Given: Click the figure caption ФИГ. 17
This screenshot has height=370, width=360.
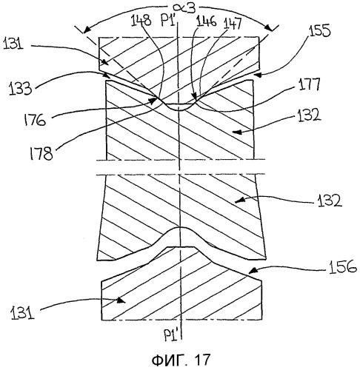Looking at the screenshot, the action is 181,360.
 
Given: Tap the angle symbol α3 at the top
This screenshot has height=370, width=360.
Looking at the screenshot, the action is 184,8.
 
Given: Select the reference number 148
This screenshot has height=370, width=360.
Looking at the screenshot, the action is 141,20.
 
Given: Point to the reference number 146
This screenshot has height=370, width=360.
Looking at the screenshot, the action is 207,21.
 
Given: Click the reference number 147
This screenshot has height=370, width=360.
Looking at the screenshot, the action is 233,24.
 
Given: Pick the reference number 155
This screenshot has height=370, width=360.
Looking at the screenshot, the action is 319,31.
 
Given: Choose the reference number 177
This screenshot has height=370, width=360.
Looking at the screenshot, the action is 310,84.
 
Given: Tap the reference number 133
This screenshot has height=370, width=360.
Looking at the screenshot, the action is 21,88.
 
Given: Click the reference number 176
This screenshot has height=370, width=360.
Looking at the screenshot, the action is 35,120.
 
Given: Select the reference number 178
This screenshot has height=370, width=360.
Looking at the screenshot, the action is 41,153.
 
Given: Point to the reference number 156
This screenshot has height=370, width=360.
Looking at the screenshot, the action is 343,266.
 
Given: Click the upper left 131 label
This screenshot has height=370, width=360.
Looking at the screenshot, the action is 13,44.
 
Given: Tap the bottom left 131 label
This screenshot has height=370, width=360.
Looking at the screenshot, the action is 22,314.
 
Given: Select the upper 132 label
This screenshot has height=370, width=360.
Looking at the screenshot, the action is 310,115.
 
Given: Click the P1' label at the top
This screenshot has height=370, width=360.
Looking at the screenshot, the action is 169,20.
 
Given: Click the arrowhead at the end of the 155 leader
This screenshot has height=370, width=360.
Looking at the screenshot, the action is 257,75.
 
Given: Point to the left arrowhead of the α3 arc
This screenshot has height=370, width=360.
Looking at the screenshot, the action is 86,30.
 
